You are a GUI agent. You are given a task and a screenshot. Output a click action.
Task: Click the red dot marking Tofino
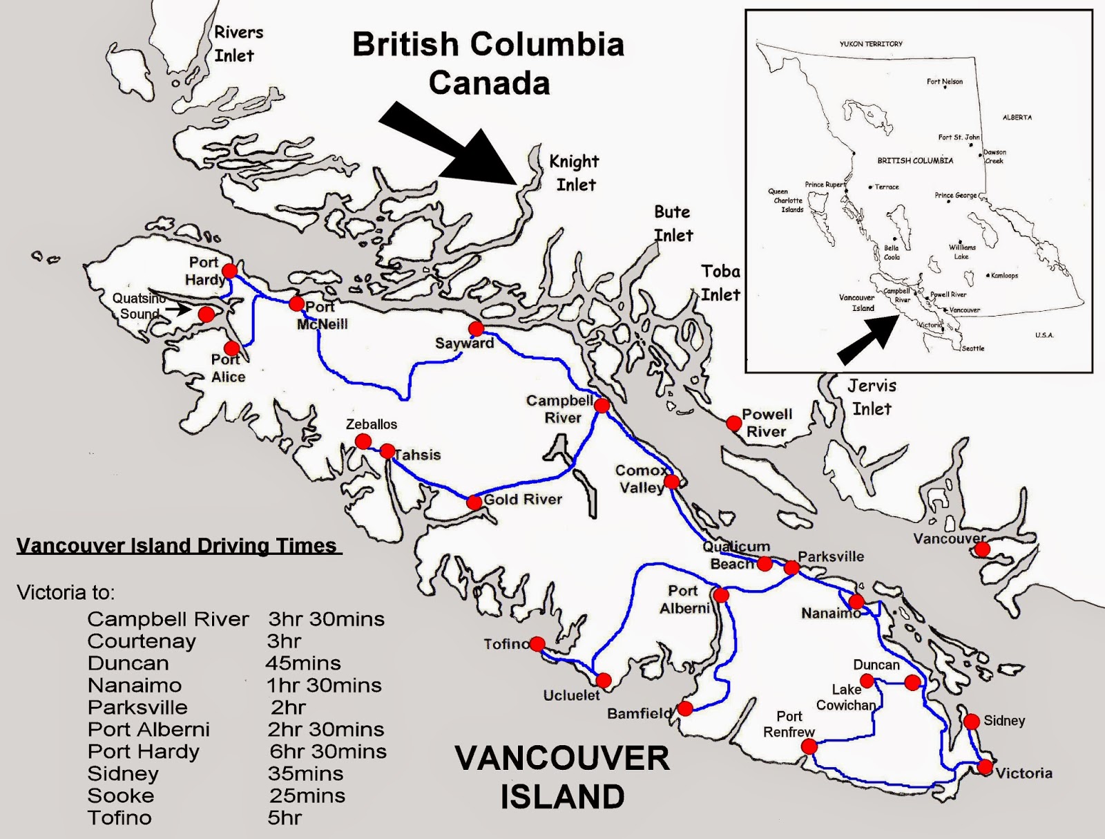(537, 644)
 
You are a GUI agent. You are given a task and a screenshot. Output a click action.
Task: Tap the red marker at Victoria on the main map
(985, 766)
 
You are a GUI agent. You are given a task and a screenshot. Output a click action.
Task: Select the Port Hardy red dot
(229, 270)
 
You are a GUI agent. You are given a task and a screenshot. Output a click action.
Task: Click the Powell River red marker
(733, 423)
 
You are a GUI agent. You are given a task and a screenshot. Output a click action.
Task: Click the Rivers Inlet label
(238, 44)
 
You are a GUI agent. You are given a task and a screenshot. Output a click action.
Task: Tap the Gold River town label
(523, 499)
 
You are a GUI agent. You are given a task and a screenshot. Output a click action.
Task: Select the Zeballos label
(372, 424)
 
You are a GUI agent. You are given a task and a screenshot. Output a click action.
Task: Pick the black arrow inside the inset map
(865, 341)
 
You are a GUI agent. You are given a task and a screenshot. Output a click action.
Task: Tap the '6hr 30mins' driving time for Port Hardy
(328, 751)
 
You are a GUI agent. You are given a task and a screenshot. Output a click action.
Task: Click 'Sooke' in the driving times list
(121, 795)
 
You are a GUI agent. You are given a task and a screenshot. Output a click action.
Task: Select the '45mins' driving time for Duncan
(303, 663)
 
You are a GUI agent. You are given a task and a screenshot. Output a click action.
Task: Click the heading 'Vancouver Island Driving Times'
(177, 546)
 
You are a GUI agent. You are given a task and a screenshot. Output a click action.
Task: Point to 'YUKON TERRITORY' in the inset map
(871, 44)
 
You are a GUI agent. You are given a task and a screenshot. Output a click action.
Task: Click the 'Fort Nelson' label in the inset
(945, 82)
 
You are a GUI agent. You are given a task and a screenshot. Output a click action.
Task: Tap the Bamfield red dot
(685, 708)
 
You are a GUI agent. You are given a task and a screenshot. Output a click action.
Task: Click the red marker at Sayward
(476, 328)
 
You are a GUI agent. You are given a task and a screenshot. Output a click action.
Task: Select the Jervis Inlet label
(872, 397)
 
